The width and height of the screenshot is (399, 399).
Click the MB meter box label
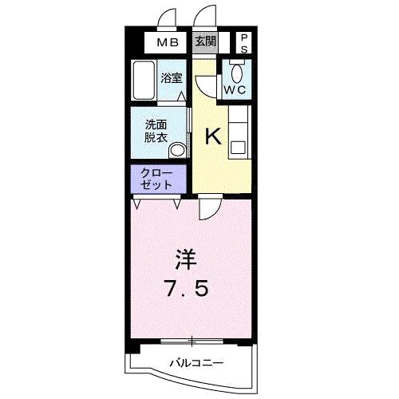tap(167, 41)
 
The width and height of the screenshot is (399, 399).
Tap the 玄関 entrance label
tap(204, 41)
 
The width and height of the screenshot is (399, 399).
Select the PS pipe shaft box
tap(243, 42)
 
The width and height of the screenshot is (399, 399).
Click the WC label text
tap(235, 90)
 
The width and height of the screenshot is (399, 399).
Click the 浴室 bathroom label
tap(172, 78)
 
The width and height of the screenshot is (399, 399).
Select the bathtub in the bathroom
tap(144, 81)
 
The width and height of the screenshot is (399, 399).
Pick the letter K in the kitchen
tap(213, 136)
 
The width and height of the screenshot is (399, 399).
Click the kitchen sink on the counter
tap(237, 146)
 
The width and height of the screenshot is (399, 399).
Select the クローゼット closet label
tap(156, 178)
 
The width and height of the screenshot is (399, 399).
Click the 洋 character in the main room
tap(185, 259)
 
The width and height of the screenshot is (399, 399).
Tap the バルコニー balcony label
tap(196, 364)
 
